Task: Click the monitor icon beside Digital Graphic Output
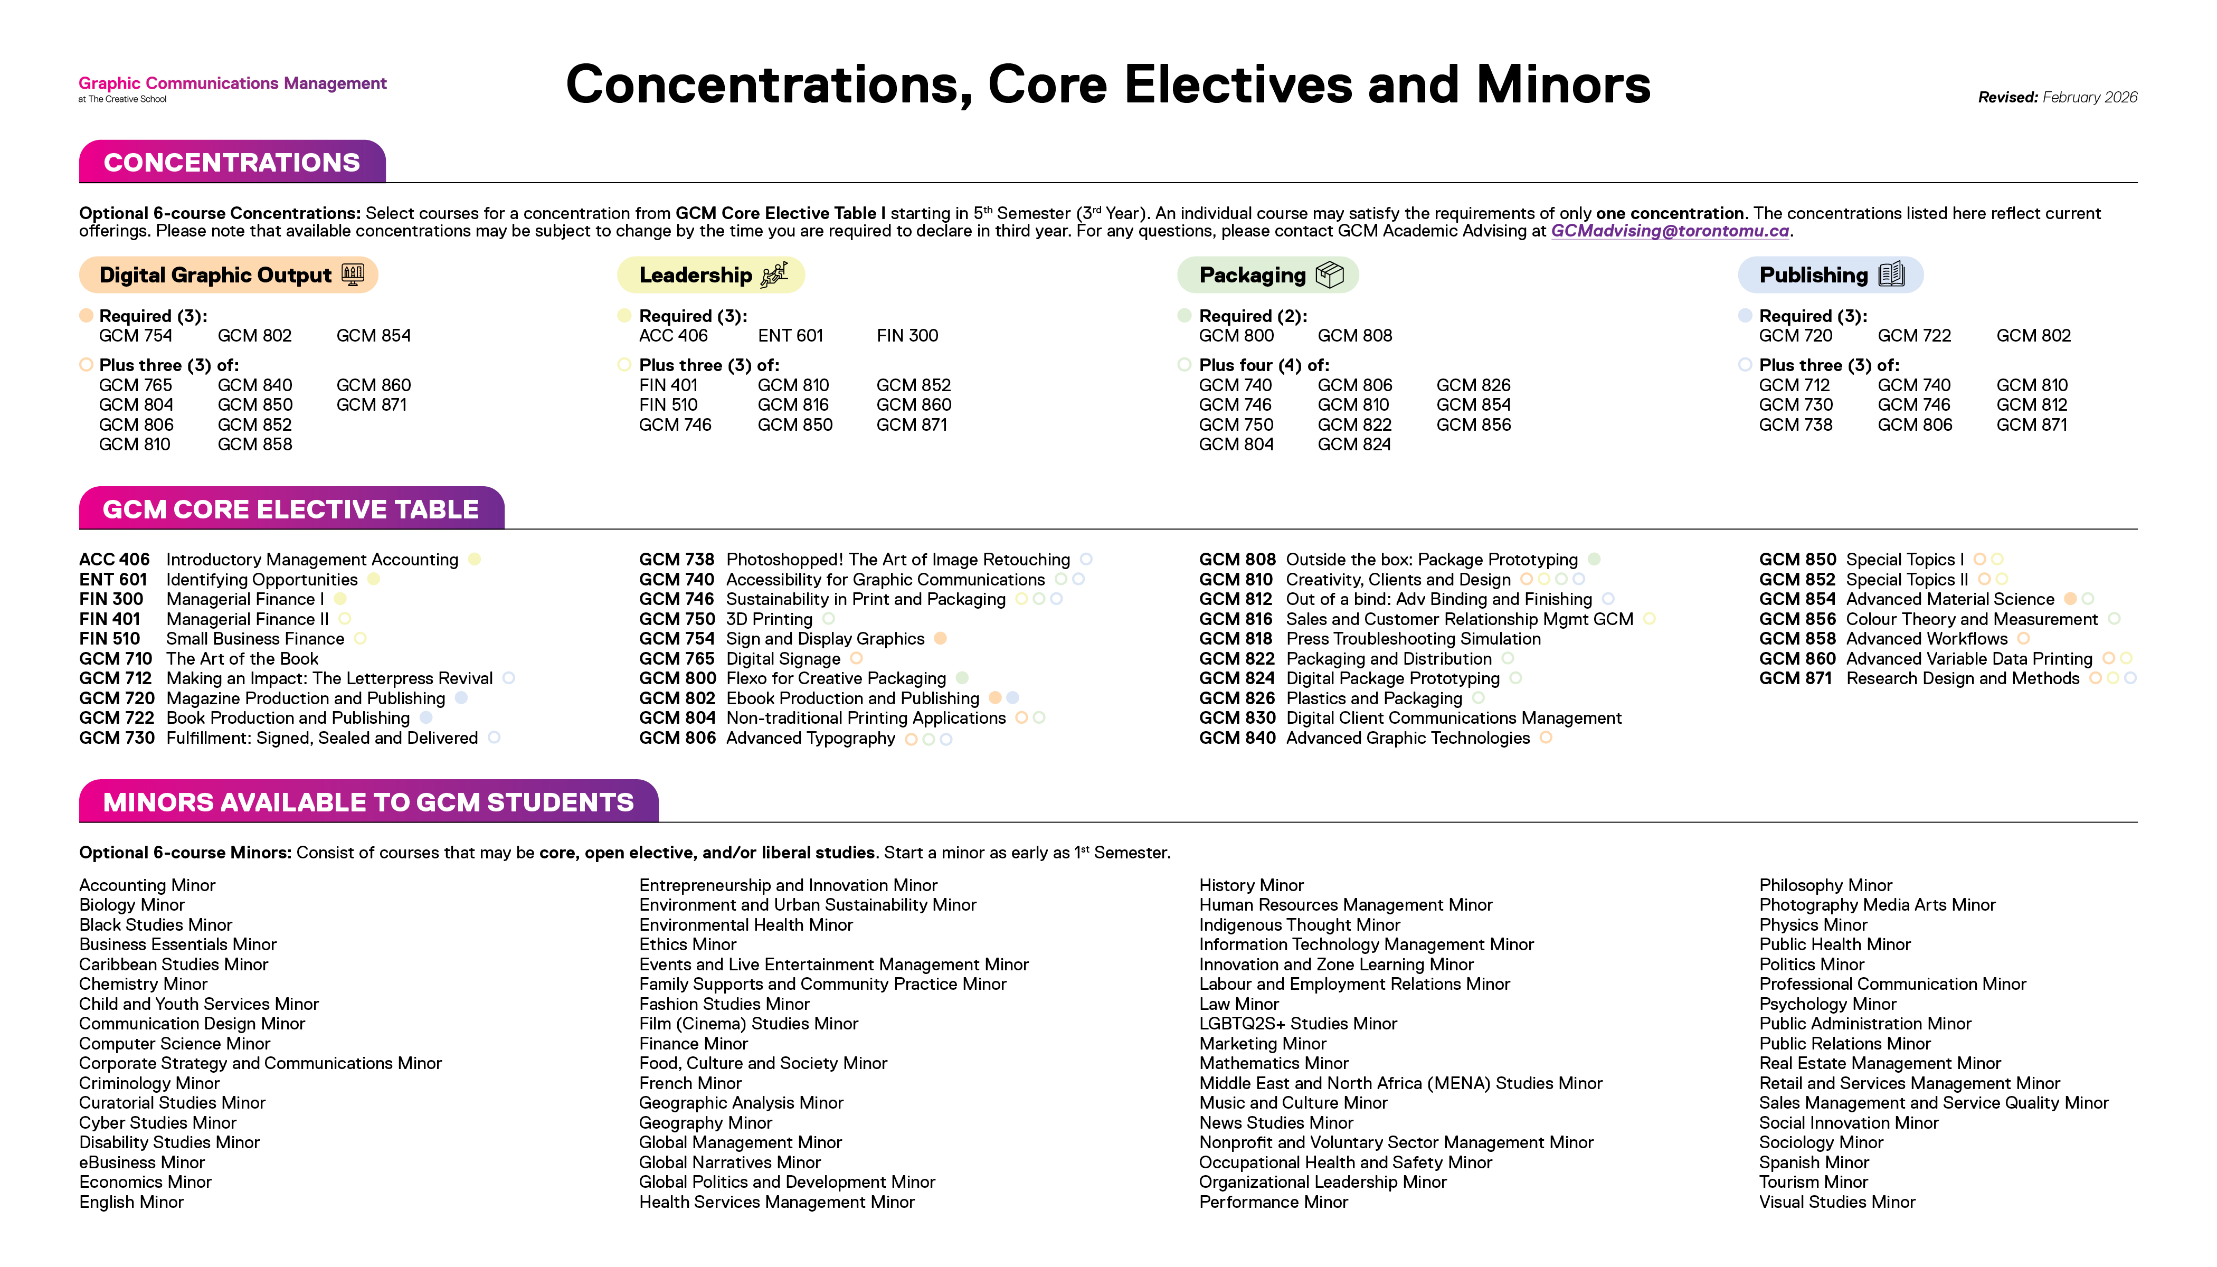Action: point(353,275)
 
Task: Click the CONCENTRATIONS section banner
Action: point(231,163)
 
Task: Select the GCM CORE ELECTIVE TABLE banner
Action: point(291,509)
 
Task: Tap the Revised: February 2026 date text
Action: point(2057,98)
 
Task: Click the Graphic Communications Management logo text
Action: point(232,83)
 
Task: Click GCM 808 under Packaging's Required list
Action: point(1354,336)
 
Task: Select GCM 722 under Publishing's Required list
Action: point(1913,336)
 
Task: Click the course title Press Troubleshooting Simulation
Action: point(1413,639)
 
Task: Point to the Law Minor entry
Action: point(1238,1004)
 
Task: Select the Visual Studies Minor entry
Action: point(1837,1202)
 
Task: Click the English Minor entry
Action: point(131,1202)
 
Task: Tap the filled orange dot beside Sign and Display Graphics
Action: point(940,639)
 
